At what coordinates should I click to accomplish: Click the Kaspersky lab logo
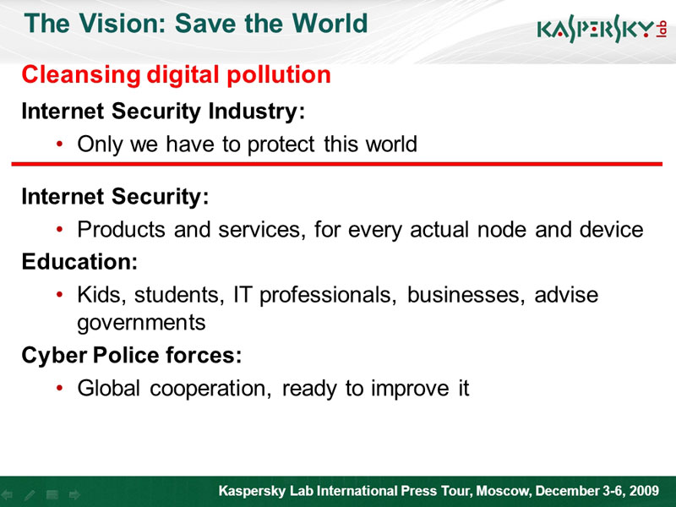click(x=602, y=29)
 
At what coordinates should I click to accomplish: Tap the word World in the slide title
click(x=330, y=24)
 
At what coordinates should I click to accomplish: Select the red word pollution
click(x=279, y=75)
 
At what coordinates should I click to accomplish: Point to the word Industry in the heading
click(x=257, y=112)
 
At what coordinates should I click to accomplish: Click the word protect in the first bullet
click(x=281, y=144)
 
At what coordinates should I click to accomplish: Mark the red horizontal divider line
click(x=336, y=164)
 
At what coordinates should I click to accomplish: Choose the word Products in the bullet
click(x=121, y=229)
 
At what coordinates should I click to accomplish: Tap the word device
click(x=611, y=229)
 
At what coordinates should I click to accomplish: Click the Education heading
click(x=79, y=262)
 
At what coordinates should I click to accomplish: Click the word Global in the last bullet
click(x=109, y=388)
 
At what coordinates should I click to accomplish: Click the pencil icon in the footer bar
click(x=30, y=495)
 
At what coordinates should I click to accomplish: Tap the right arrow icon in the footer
click(x=74, y=494)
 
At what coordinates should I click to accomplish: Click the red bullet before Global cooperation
click(x=60, y=388)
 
